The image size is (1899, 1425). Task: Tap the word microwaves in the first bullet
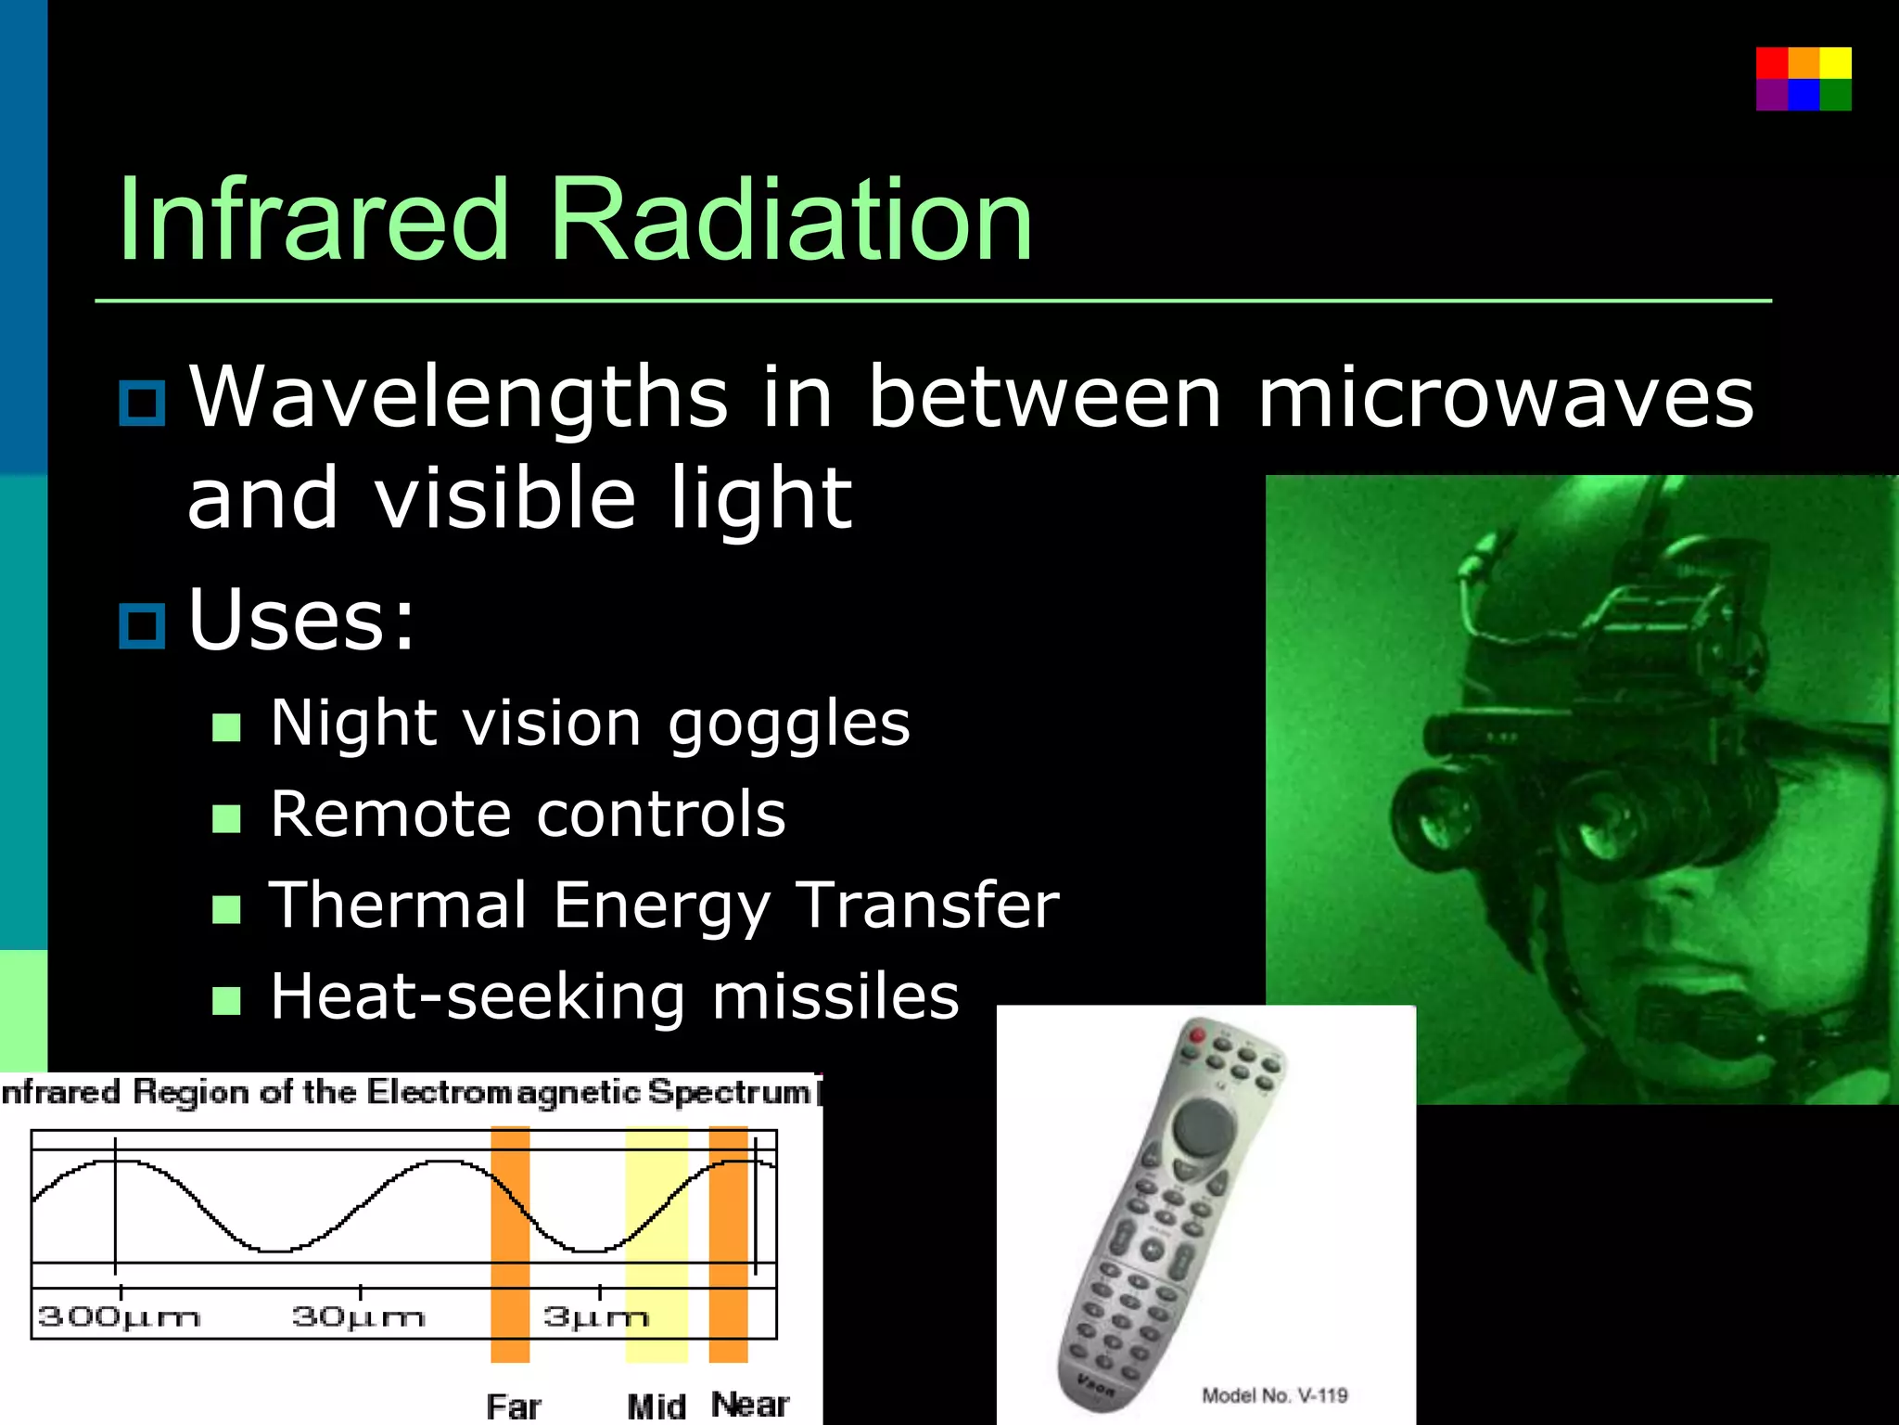(1505, 397)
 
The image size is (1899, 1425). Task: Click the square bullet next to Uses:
(142, 625)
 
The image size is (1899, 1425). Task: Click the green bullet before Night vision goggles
(226, 727)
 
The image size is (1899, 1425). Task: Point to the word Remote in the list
(390, 815)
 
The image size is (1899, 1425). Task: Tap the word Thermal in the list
(398, 905)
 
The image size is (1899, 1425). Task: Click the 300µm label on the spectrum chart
(119, 1316)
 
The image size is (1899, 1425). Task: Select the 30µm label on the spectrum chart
(358, 1316)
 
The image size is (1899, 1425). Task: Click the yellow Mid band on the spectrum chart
(656, 1206)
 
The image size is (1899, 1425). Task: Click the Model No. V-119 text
(1274, 1395)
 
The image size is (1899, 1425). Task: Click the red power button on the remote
(1197, 1034)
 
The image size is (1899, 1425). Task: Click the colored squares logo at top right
(1803, 79)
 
